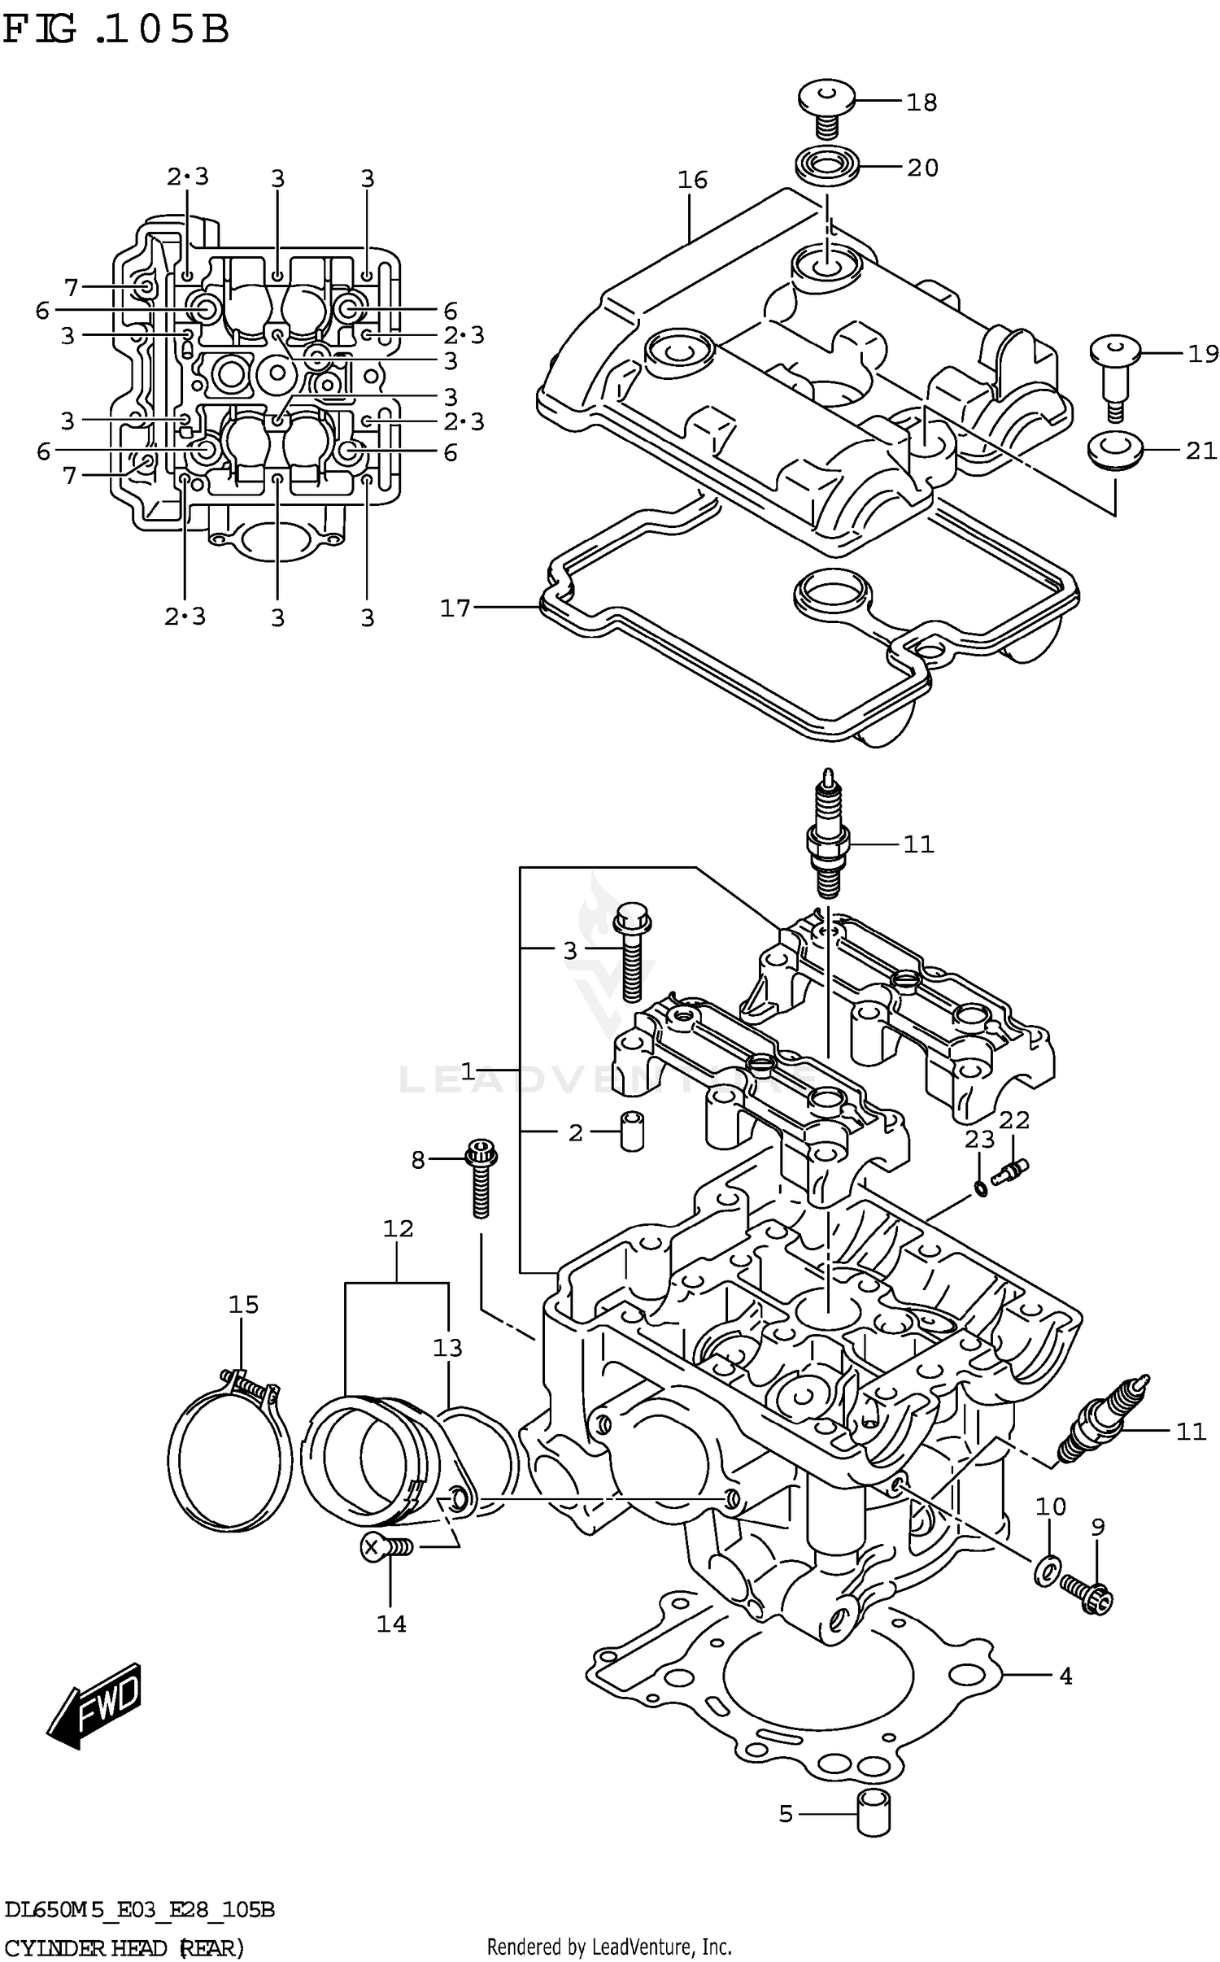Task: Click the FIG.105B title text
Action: [115, 29]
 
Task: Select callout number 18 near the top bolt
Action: [922, 102]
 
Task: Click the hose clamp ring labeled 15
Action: [229, 1449]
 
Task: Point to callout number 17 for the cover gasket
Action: [455, 608]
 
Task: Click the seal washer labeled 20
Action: [826, 168]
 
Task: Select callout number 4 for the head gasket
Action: [1065, 1676]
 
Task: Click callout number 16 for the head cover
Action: [693, 180]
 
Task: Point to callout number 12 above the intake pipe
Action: [399, 1228]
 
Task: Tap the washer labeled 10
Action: [1048, 1572]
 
